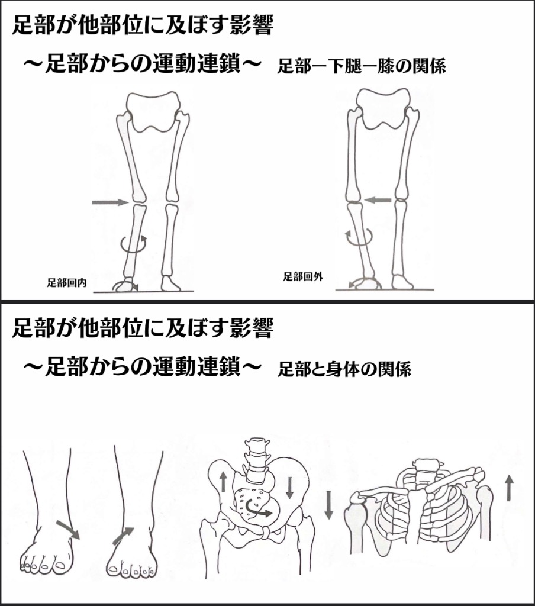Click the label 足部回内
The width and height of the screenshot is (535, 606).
tap(66, 283)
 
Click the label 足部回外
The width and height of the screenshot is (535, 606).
tap(302, 277)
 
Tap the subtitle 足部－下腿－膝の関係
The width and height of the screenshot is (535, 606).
tap(362, 66)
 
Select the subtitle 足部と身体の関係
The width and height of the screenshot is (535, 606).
tap(344, 369)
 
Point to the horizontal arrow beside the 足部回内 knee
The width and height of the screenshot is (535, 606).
tap(110, 202)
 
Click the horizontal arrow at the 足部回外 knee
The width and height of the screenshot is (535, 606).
tap(378, 200)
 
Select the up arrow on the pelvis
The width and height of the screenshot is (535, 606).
tap(224, 482)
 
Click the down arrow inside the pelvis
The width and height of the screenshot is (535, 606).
tap(289, 488)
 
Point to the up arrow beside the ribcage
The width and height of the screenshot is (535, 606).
tap(509, 488)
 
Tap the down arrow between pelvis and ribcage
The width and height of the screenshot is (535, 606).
tap(328, 505)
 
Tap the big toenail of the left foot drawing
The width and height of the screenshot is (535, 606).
tap(60, 566)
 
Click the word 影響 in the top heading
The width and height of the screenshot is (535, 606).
tap(252, 25)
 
